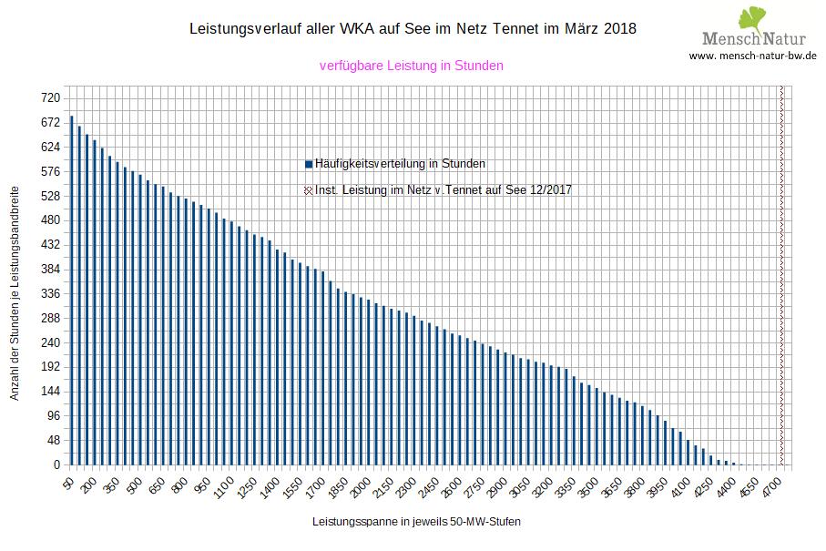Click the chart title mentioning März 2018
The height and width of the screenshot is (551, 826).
412,29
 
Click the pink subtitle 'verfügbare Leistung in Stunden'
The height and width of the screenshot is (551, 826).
412,66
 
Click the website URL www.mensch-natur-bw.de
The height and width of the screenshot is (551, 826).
752,56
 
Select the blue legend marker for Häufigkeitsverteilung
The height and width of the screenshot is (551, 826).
310,164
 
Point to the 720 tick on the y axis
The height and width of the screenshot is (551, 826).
49,97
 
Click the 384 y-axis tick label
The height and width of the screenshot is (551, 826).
49,270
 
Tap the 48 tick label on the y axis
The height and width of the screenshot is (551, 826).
53,441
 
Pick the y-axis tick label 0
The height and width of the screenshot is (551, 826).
56,465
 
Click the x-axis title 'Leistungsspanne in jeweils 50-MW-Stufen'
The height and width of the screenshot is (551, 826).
417,522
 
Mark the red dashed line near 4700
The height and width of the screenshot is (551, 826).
781,273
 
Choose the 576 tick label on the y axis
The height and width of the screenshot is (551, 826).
49,171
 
